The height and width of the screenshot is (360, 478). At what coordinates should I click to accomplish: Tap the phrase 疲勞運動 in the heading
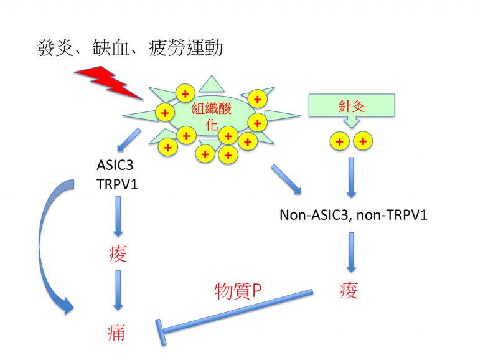[187, 49]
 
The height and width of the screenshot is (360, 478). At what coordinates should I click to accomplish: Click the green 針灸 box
[352, 105]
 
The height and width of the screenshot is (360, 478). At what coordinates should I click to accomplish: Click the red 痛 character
[116, 332]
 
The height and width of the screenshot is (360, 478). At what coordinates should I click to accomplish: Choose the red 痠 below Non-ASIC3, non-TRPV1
[350, 291]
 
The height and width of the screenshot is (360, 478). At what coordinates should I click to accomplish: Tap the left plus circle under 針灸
[340, 142]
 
